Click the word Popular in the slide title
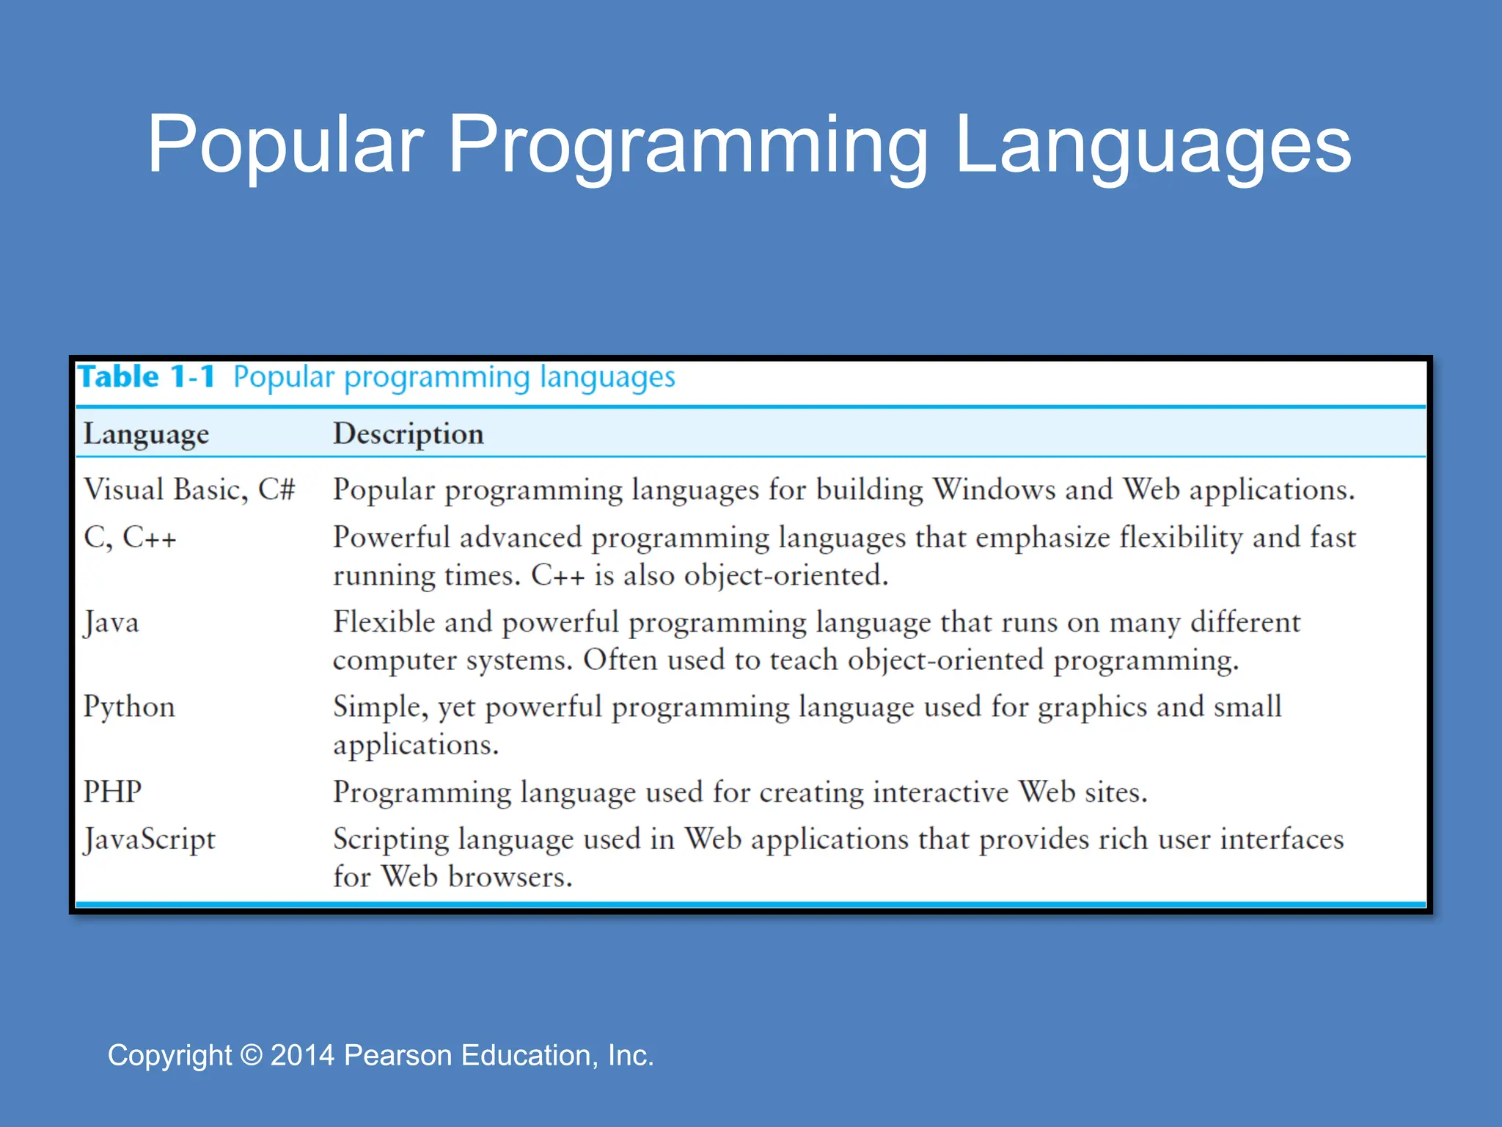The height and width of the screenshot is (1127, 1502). tap(286, 145)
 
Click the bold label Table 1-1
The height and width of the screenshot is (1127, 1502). tap(147, 377)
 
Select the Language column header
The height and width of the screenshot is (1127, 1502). tap(146, 434)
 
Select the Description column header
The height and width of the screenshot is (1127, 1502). tap(409, 434)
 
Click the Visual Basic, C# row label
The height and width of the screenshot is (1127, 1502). tap(189, 489)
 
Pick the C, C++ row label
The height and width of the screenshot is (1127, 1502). tap(130, 538)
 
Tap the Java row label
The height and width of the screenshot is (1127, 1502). tap(111, 623)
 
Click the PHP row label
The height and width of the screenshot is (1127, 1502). tap(112, 792)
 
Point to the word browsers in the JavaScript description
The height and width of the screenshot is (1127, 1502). tap(510, 878)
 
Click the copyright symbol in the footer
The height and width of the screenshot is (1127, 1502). tap(251, 1055)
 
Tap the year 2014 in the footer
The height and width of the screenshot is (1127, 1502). tap(302, 1055)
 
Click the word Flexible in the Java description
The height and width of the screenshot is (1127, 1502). tap(383, 622)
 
